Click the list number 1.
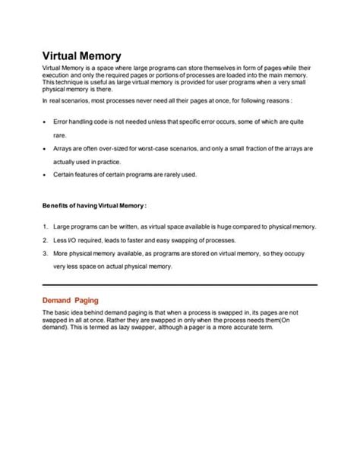coord(45,227)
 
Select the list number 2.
coord(45,240)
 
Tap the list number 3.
coord(45,253)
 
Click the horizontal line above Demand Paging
coord(179,284)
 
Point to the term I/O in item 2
coord(74,240)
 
